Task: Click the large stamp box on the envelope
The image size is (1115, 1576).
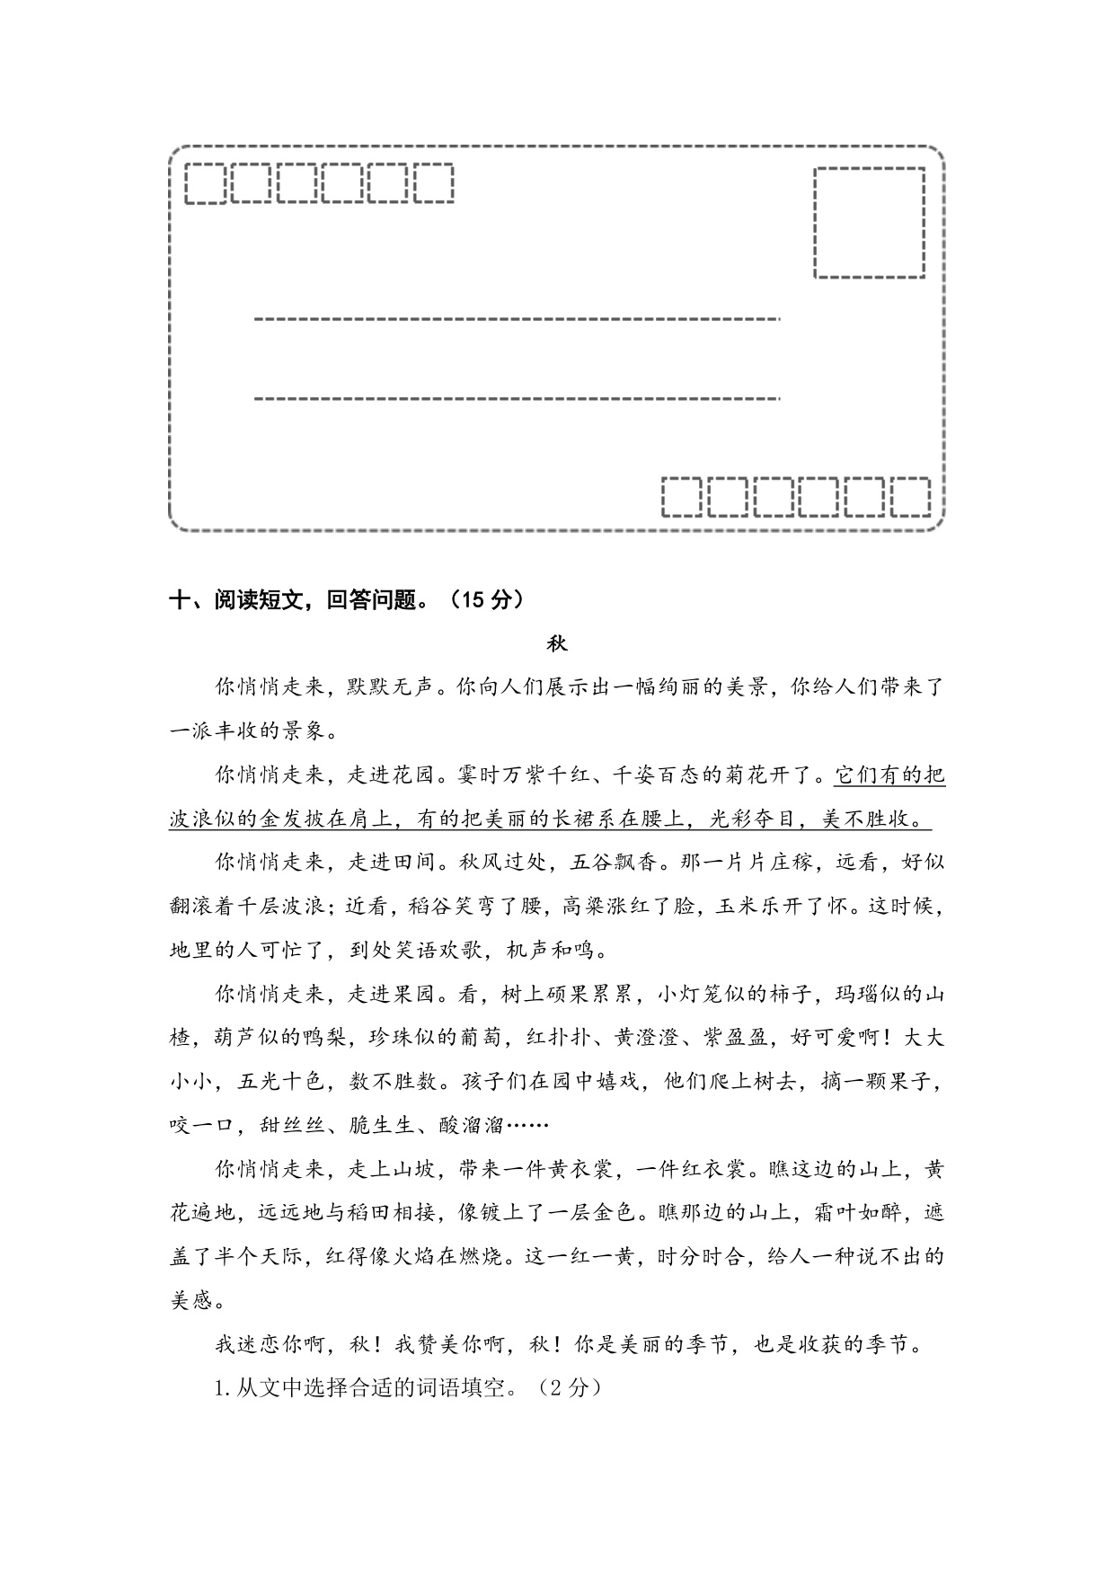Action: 869,222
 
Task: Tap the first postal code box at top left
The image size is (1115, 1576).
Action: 205,183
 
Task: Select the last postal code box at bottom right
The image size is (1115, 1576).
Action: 910,497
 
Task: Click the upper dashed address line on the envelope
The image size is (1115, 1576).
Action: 517,318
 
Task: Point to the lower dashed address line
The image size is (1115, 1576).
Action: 517,397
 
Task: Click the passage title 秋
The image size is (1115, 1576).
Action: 557,644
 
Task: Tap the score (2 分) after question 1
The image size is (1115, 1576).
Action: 569,1387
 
